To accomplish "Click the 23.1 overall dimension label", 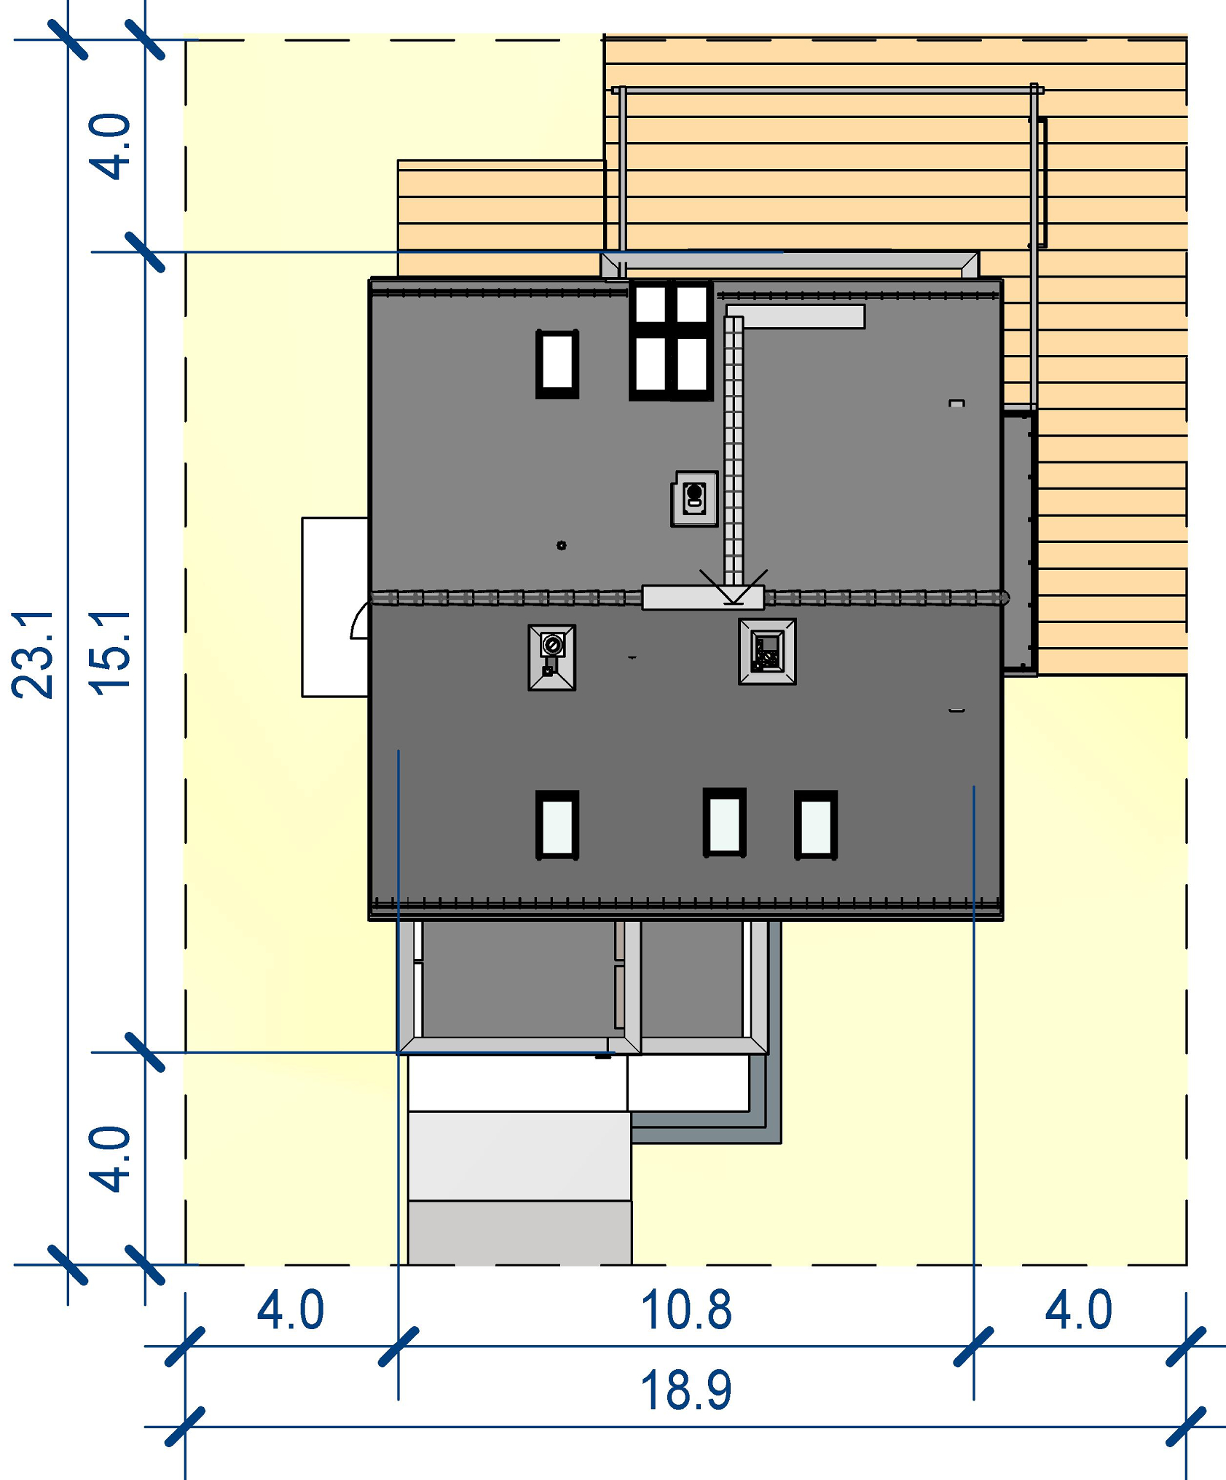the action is point(33,654).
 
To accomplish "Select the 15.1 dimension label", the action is point(109,654).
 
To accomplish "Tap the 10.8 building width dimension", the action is point(685,1309).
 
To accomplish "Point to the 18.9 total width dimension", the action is point(685,1390).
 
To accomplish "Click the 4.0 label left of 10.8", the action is point(290,1309).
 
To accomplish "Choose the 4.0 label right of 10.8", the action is point(1078,1309).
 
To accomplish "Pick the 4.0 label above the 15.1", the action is point(109,146).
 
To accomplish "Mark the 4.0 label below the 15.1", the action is point(109,1159).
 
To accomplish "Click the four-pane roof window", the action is point(671,340).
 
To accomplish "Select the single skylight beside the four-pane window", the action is point(557,364).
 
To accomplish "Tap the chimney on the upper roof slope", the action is point(694,498).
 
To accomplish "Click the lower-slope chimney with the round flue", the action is point(551,657).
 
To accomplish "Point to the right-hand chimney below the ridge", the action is point(767,651).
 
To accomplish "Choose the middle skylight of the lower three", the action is point(725,822).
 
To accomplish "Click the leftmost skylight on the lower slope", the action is point(557,825).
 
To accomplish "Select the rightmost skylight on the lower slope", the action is point(816,825).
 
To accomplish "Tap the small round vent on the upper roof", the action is point(561,545).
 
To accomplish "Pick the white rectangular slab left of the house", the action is point(335,607).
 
